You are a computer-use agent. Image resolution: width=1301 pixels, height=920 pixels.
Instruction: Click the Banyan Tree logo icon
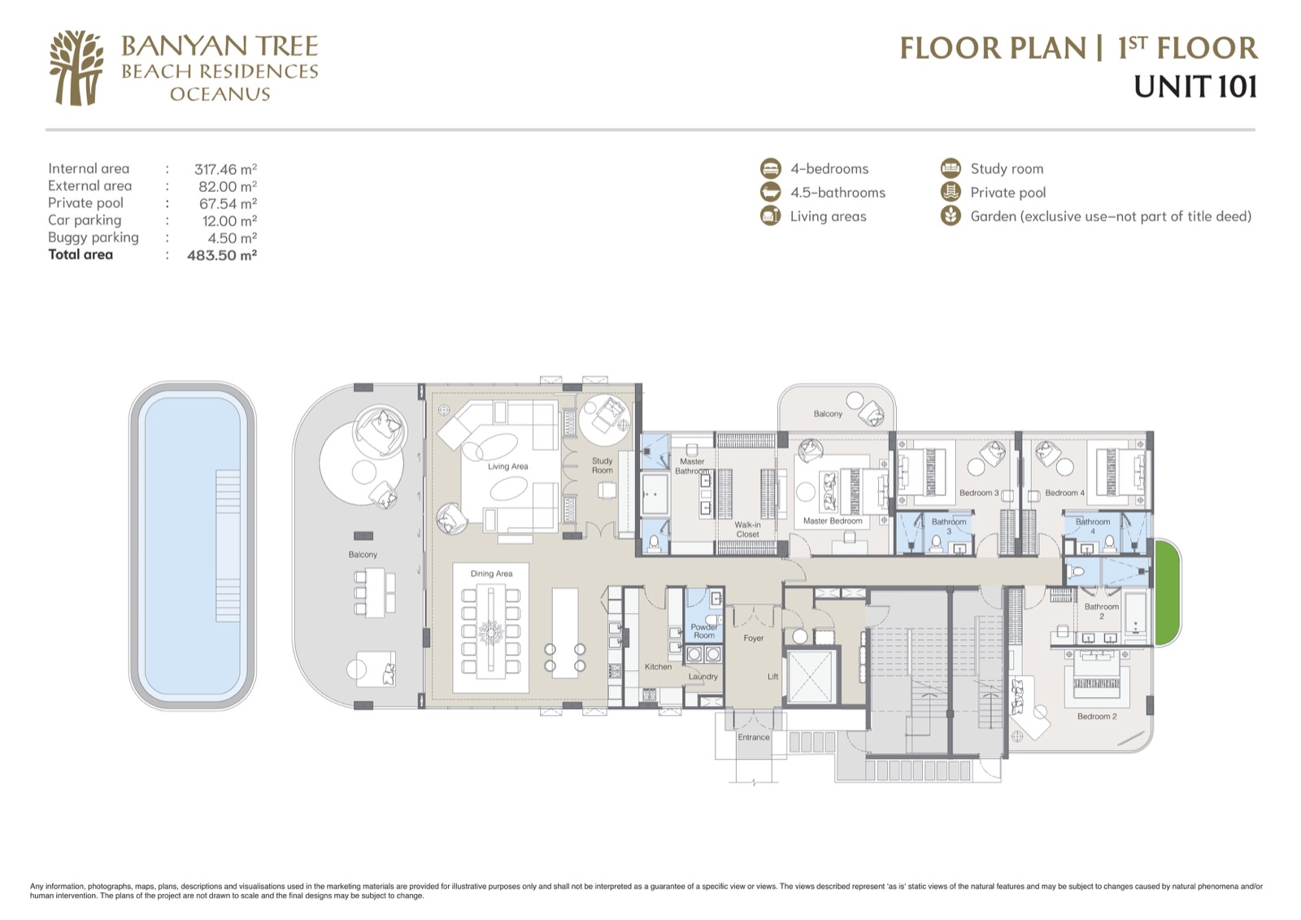[x=76, y=68]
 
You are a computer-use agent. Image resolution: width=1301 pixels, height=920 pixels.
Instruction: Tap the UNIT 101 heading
[x=1195, y=87]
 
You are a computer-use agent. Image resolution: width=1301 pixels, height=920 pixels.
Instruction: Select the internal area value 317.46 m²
[x=225, y=169]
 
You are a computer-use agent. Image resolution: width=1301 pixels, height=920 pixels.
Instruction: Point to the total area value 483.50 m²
[x=222, y=255]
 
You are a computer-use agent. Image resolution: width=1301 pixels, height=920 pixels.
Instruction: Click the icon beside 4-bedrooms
[x=770, y=168]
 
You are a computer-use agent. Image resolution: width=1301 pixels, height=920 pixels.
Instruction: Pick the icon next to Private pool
[x=951, y=192]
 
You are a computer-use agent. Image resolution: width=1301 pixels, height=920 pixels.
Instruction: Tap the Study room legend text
[x=1007, y=168]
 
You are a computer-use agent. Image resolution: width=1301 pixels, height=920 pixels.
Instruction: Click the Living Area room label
[x=507, y=466]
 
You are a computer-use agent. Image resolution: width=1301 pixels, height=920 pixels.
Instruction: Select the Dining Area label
[x=491, y=573]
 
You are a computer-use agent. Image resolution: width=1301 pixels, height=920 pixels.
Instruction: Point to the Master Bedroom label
[x=833, y=521]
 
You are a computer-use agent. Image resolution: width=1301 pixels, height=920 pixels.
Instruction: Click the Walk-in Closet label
[x=747, y=530]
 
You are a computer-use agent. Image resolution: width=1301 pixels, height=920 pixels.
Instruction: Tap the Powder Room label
[x=704, y=631]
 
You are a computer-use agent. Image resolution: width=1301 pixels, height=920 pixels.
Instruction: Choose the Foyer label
[x=753, y=638]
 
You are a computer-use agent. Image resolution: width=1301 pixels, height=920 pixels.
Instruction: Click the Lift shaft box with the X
[x=810, y=677]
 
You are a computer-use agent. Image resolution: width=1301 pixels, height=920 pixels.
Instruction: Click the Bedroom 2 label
[x=1097, y=717]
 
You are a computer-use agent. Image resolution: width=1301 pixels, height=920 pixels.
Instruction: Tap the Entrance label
[x=753, y=737]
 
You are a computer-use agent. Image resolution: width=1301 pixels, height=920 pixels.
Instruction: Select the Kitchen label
[x=658, y=666]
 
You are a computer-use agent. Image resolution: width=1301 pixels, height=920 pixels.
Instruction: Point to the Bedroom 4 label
[x=1064, y=493]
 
